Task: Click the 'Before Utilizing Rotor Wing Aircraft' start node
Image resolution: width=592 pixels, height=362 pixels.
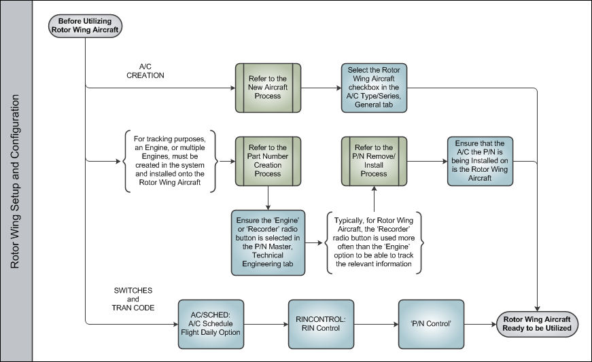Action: pyautogui.click(x=85, y=26)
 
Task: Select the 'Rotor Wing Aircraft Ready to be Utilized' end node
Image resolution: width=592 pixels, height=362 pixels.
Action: pyautogui.click(x=536, y=324)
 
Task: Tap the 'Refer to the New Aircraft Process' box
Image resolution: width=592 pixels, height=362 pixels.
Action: pyautogui.click(x=268, y=88)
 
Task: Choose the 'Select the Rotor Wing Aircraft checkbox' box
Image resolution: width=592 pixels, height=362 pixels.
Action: pyautogui.click(x=374, y=88)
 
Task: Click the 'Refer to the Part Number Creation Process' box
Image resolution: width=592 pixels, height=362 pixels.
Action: pyautogui.click(x=268, y=161)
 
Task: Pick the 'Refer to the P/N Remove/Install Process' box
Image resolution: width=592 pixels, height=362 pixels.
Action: pyautogui.click(x=374, y=161)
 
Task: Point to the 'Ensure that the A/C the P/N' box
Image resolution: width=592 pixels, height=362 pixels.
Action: pyautogui.click(x=480, y=161)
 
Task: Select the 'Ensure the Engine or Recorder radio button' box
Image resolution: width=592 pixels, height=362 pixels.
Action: pyautogui.click(x=268, y=242)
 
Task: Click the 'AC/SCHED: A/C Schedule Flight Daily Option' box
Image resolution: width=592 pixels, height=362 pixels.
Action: pyautogui.click(x=211, y=324)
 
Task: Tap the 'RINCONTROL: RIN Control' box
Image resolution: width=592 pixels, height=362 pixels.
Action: pyautogui.click(x=321, y=324)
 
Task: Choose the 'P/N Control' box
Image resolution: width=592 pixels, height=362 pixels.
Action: pyautogui.click(x=431, y=324)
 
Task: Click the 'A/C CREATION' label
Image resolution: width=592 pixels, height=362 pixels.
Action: pyautogui.click(x=145, y=71)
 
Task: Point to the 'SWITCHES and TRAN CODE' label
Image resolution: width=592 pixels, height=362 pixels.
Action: pyautogui.click(x=133, y=299)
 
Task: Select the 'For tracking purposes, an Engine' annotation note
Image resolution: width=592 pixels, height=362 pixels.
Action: pyautogui.click(x=170, y=161)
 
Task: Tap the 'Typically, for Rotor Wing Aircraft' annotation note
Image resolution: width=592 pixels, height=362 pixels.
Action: pyautogui.click(x=374, y=242)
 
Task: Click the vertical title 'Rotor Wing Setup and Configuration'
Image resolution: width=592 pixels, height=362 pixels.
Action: pyautogui.click(x=15, y=181)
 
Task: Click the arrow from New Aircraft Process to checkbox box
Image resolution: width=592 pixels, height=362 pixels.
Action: pyautogui.click(x=321, y=88)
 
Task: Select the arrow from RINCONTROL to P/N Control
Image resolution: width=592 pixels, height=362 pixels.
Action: pyautogui.click(x=376, y=324)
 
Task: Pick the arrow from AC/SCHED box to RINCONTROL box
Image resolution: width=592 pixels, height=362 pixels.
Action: pyautogui.click(x=266, y=324)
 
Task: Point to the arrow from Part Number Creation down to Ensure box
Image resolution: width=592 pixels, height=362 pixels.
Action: pyautogui.click(x=268, y=198)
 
